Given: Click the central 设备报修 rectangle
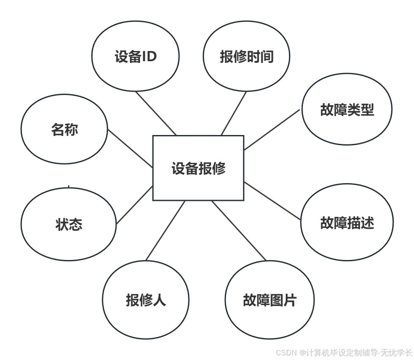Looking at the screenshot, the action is tap(198, 168).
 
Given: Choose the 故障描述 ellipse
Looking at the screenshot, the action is tap(347, 222).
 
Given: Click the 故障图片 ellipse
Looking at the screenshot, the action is tap(270, 300).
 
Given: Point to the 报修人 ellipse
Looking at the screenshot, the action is tap(146, 300).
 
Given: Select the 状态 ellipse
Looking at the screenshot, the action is tap(69, 224).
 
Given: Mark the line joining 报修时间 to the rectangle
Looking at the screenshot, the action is tap(234, 113).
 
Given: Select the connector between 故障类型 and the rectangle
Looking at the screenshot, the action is tap(272, 130).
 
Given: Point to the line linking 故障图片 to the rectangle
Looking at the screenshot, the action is tap(239, 230).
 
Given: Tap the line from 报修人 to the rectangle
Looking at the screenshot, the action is tap(165, 230).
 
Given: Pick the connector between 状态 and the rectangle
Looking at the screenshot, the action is tap(134, 204).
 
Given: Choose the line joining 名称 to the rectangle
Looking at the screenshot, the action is tap(130, 148).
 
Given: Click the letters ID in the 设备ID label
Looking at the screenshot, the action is tap(149, 56).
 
